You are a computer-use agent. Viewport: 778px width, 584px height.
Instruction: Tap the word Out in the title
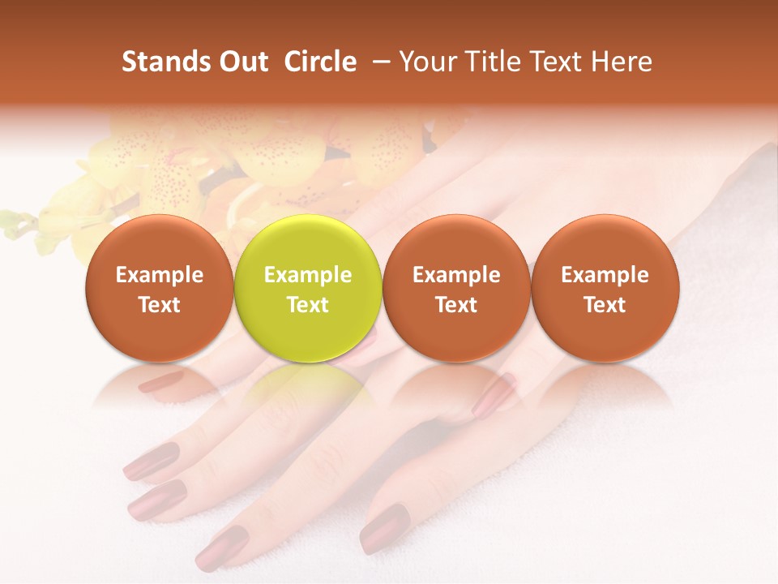tap(244, 62)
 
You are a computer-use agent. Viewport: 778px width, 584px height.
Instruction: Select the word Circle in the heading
tap(320, 62)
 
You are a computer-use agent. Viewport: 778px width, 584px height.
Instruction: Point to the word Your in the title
tap(426, 62)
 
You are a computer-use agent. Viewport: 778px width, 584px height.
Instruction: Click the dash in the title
tap(383, 62)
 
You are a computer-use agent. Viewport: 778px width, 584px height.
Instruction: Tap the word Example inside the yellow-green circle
tap(308, 275)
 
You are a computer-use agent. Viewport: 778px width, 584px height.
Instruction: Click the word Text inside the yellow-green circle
tap(308, 305)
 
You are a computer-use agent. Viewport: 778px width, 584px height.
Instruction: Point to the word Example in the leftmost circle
tap(160, 275)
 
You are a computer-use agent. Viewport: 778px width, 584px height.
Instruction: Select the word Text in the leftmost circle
tap(160, 305)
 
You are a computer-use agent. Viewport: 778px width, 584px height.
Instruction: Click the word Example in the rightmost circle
tap(605, 275)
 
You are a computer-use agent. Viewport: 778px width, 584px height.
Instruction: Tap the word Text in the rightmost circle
tap(605, 305)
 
